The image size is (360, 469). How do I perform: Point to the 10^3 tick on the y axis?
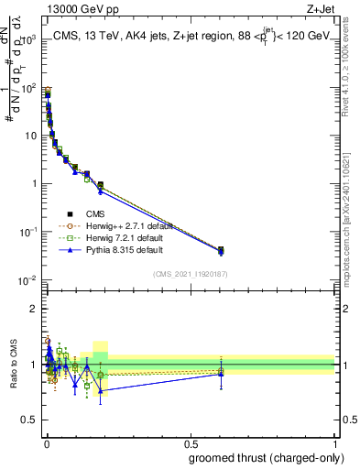(x=30, y=40)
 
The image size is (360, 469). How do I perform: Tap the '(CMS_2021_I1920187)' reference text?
(x=190, y=274)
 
